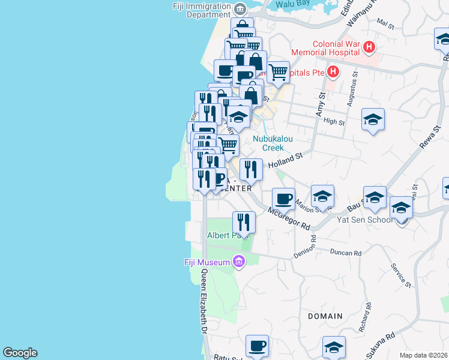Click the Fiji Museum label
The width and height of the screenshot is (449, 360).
(x=206, y=262)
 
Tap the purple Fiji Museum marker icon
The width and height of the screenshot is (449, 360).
(x=240, y=262)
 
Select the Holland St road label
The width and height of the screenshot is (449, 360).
(x=285, y=160)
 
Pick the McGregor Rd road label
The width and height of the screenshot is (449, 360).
(x=289, y=219)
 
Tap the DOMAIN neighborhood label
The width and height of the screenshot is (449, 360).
(x=325, y=316)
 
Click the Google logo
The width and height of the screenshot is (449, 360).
(x=20, y=353)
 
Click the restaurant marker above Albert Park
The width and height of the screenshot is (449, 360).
(x=244, y=222)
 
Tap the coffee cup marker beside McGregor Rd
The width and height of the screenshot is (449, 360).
(x=283, y=198)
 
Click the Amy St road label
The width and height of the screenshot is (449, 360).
(x=320, y=104)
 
